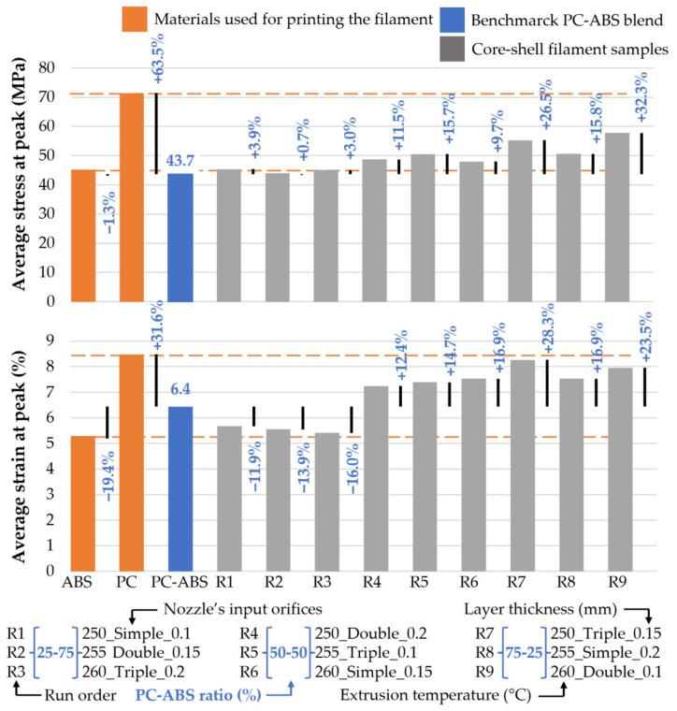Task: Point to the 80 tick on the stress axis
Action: tap(43, 68)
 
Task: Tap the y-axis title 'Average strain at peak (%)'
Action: tap(16, 445)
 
